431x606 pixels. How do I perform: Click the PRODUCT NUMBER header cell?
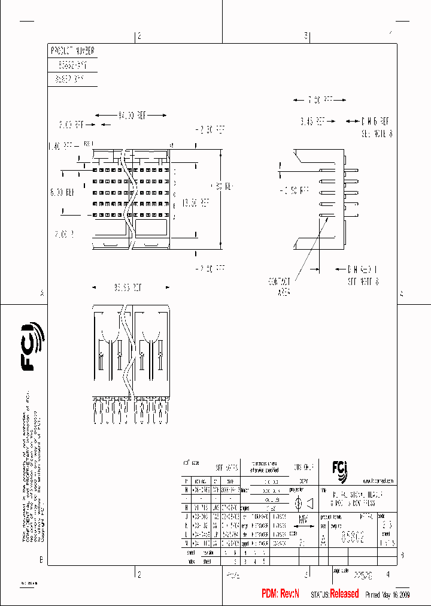click(72, 51)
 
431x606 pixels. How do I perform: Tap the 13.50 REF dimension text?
click(196, 202)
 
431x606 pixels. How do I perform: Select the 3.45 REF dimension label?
click(312, 121)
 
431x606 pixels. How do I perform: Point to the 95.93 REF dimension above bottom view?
click(130, 287)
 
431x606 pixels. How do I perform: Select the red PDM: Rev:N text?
click(280, 594)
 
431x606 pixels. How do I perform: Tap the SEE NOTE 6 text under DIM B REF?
click(377, 135)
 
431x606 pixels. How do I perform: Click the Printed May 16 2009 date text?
click(387, 595)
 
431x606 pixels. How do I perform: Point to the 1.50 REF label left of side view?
click(295, 190)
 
